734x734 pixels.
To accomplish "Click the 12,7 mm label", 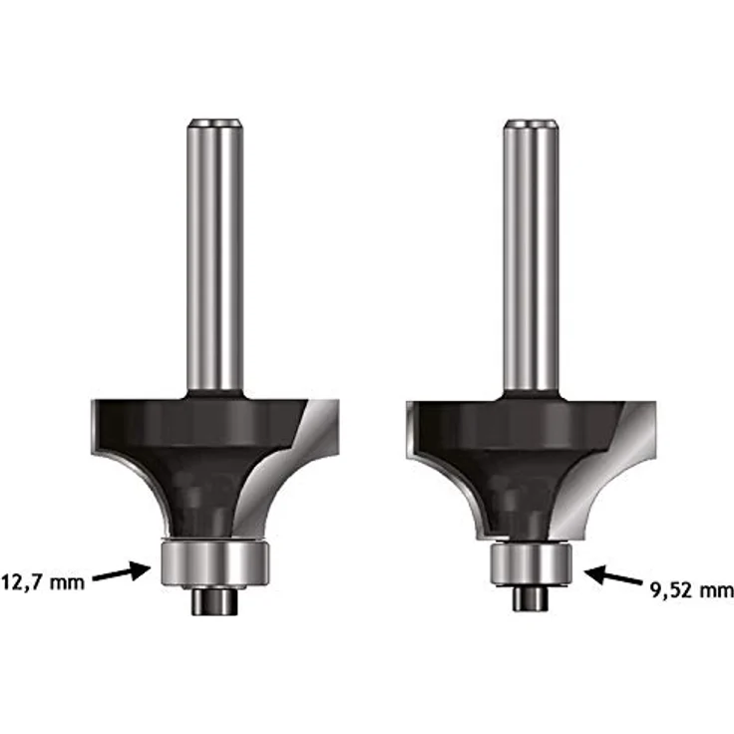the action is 43,583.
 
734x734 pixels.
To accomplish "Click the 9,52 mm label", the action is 692,589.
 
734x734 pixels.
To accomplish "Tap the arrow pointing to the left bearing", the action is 122,572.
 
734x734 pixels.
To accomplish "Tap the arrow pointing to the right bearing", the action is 613,574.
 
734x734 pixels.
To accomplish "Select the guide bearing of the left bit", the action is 214,562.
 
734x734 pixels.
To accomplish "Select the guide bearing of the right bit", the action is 531,563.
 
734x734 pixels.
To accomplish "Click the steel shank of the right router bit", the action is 531,256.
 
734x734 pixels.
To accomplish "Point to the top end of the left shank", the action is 215,121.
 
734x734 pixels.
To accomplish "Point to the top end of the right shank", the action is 532,121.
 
